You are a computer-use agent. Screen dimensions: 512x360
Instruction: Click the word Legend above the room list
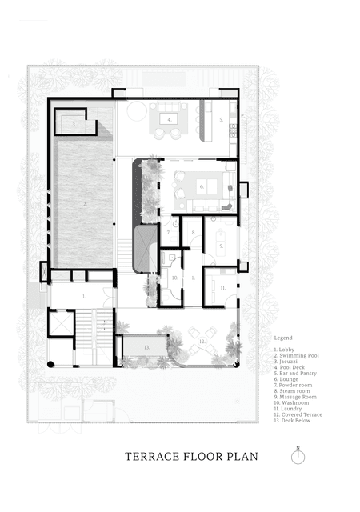[282, 338]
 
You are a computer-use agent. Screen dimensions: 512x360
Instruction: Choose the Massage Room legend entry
[295, 397]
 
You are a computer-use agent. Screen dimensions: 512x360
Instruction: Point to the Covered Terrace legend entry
[298, 414]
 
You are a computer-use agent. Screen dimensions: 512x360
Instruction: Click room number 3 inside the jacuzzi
[74, 125]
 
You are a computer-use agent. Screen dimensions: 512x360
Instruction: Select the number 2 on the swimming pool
[84, 205]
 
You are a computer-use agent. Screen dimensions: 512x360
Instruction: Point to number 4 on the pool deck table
[170, 119]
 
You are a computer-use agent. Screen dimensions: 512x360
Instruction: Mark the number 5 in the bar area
[221, 119]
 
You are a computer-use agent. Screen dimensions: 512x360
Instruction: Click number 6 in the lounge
[202, 186]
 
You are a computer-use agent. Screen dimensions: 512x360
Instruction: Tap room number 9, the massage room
[221, 246]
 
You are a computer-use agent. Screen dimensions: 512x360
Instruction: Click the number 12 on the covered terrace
[202, 342]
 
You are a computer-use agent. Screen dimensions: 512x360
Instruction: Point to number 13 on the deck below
[146, 348]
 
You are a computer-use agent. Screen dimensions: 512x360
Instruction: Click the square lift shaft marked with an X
[60, 323]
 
